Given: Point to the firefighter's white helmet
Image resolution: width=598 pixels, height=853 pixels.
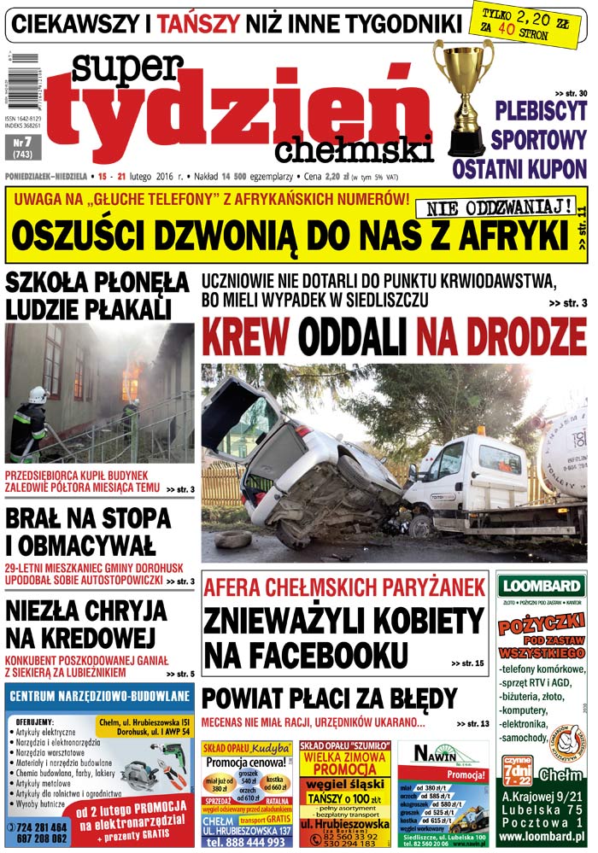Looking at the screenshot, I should click(x=38, y=394).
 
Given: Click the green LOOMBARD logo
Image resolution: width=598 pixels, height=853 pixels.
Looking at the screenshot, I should click(x=540, y=586).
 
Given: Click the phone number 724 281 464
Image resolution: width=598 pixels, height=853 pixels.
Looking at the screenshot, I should click(x=41, y=827).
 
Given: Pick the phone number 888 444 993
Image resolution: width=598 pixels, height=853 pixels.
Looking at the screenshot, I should click(x=247, y=842).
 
